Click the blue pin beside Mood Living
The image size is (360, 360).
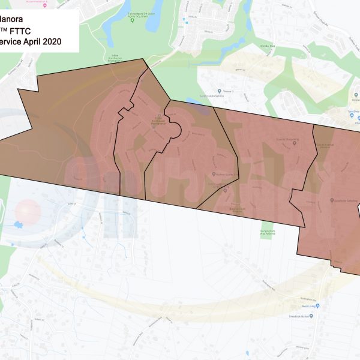coord(319,305)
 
